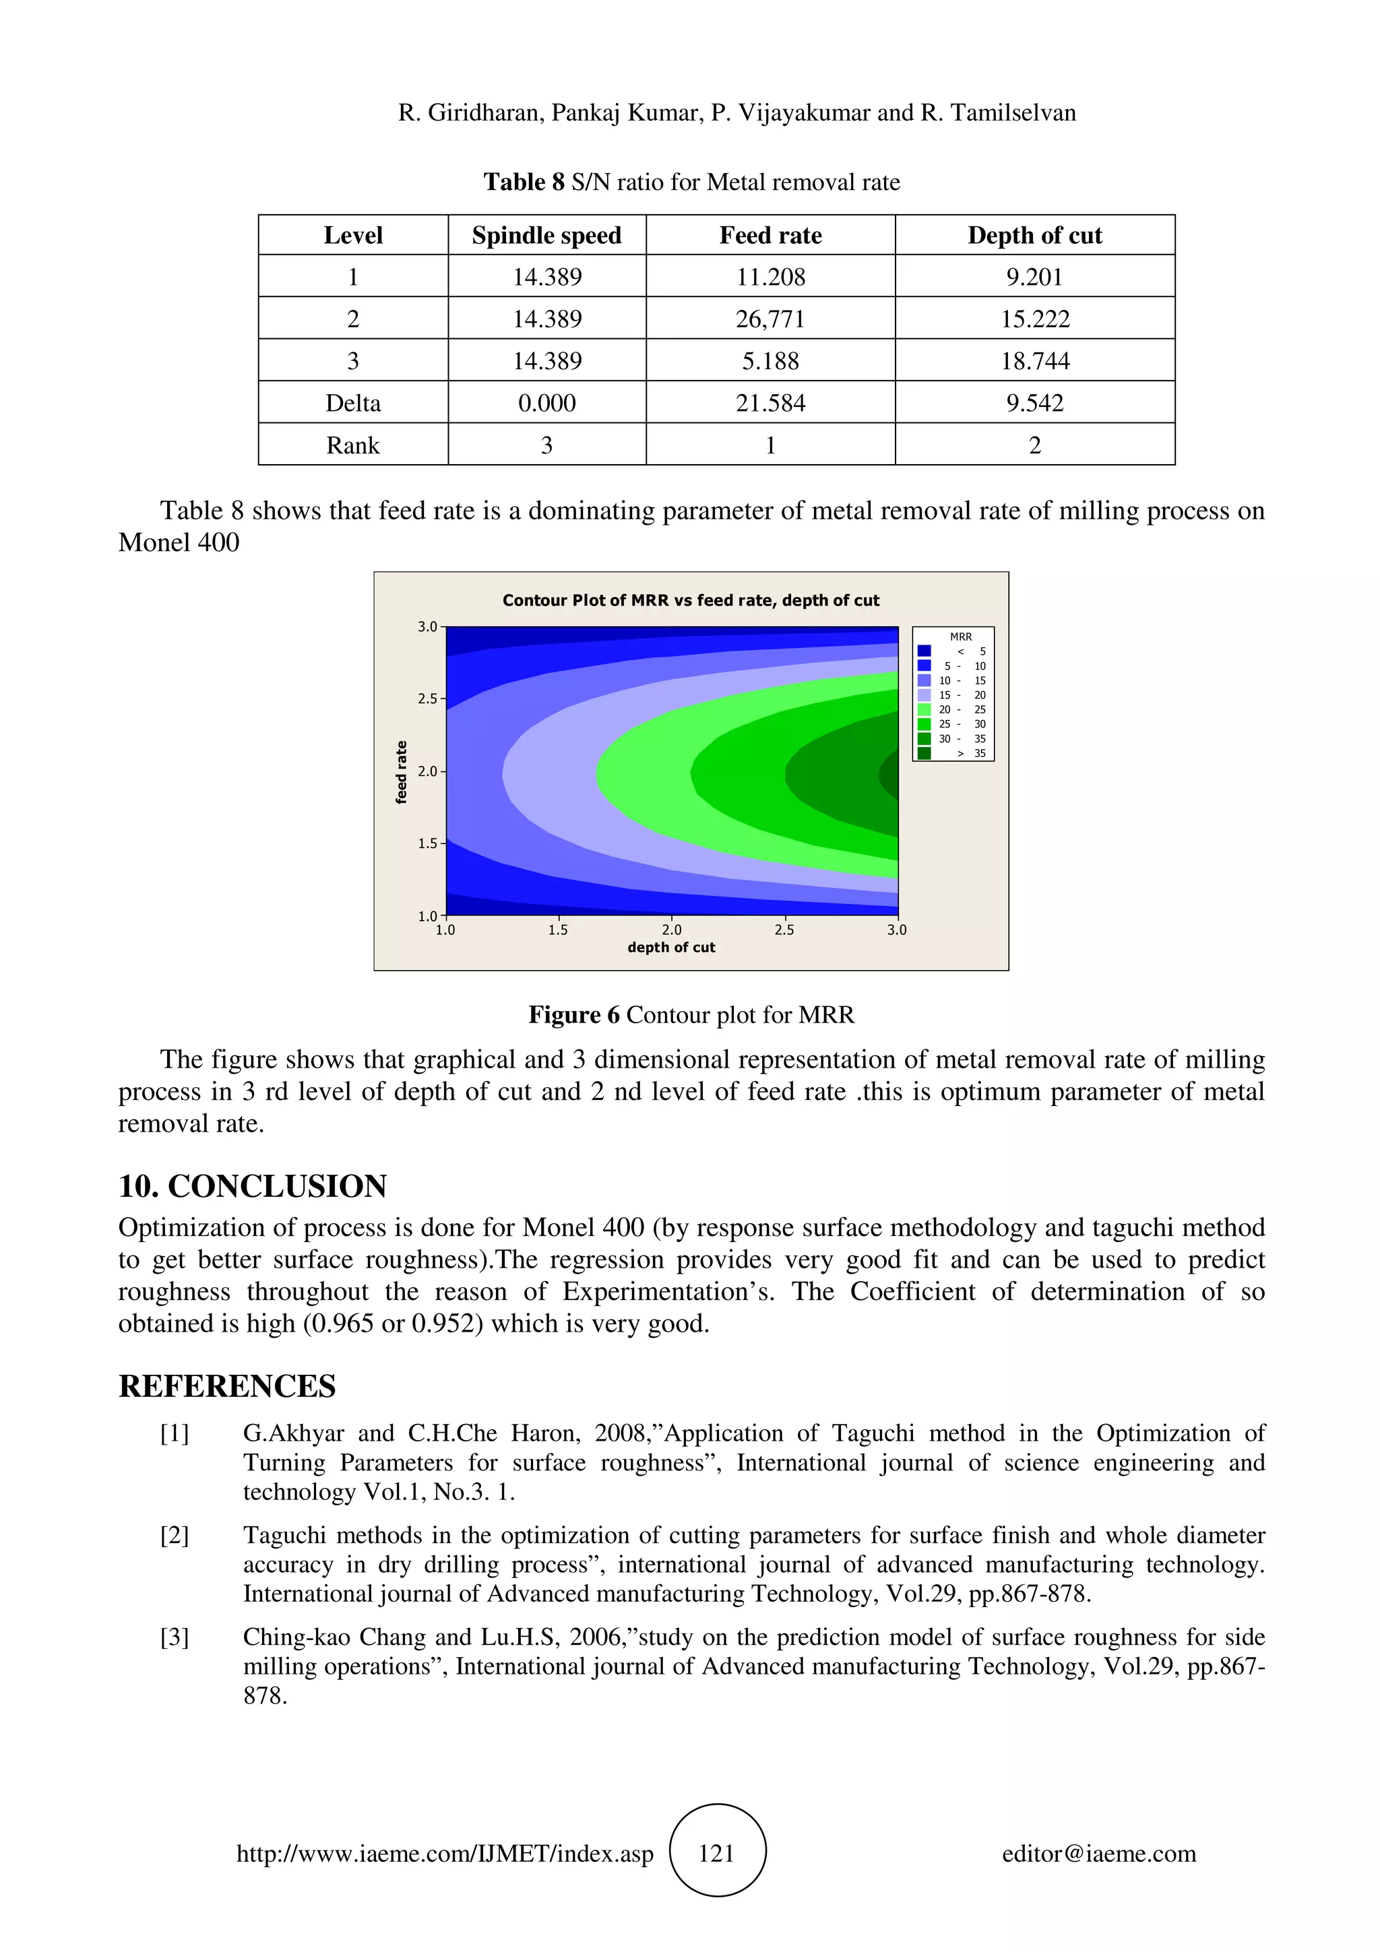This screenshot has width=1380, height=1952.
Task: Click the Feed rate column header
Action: tap(770, 236)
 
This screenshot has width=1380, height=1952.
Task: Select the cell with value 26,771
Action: tap(770, 319)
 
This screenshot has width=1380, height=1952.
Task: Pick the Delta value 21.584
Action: tap(770, 403)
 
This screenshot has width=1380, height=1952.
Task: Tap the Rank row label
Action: tap(353, 445)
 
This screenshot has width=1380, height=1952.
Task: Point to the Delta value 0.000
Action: tap(546, 403)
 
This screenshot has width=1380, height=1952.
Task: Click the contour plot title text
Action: tap(691, 600)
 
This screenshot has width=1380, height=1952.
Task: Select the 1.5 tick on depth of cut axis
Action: tap(558, 930)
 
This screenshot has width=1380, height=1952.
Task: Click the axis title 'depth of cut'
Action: tap(671, 947)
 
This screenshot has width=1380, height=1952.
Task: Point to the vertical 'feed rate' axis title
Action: tap(402, 772)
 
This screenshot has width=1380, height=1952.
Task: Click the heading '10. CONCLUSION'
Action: tap(253, 1186)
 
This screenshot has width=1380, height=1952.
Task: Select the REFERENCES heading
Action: tap(227, 1386)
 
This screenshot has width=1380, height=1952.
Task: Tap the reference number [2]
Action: tap(175, 1536)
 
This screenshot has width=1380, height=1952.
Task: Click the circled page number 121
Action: tap(717, 1854)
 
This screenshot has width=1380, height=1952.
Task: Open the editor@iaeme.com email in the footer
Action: tap(1098, 1854)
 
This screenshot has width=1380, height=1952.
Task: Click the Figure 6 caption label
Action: tap(574, 1015)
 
